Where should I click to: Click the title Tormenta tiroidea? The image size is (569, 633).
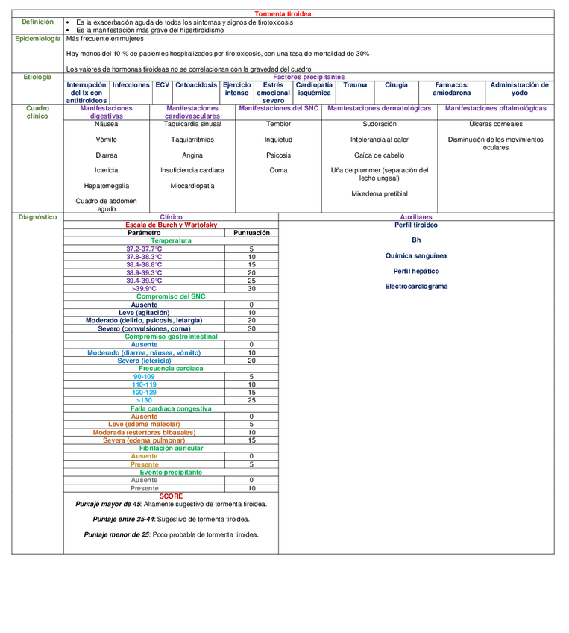[283, 14]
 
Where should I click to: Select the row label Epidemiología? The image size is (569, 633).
[37, 39]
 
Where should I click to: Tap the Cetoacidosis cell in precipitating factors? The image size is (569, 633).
[197, 85]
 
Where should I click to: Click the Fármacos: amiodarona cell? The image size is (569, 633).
[452, 89]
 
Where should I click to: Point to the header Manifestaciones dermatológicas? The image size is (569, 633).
[379, 108]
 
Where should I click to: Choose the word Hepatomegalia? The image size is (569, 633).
[106, 186]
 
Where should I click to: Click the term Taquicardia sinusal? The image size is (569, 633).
[192, 124]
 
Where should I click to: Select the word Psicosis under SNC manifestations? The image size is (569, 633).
[278, 155]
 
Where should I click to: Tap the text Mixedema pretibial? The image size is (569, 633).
[379, 193]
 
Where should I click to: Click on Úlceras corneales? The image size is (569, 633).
[495, 124]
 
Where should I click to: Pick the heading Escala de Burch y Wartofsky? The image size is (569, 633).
[171, 225]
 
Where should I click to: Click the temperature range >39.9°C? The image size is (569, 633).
[144, 289]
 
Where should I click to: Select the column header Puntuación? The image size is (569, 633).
[251, 233]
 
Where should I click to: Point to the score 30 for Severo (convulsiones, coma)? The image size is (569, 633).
[251, 328]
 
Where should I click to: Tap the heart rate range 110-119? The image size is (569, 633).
[144, 384]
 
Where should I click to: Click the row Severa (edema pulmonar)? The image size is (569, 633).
[144, 440]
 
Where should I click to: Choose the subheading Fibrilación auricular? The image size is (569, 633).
[171, 448]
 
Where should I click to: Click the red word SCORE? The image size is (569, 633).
[171, 496]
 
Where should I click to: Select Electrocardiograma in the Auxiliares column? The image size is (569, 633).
[416, 287]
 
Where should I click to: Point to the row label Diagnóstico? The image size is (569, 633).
[37, 217]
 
